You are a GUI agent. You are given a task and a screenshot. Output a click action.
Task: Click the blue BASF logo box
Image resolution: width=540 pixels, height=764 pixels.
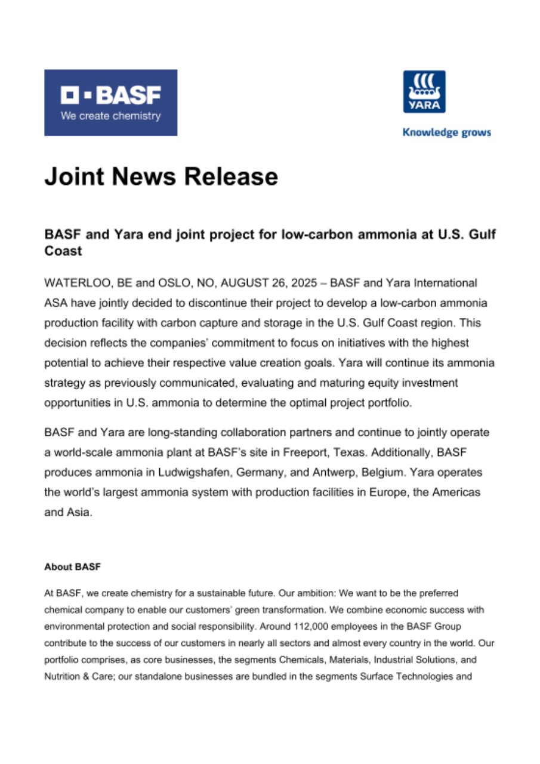pyautogui.click(x=110, y=102)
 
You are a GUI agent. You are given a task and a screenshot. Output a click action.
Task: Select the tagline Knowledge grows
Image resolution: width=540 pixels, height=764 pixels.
pyautogui.click(x=446, y=133)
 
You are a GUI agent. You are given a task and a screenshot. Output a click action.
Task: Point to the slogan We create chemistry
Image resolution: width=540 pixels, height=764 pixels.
pyautogui.click(x=110, y=116)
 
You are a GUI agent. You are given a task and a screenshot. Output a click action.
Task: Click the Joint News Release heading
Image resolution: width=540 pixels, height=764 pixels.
pyautogui.click(x=161, y=177)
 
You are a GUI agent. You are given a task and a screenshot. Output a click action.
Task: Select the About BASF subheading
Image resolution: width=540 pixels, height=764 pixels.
pyautogui.click(x=72, y=567)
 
